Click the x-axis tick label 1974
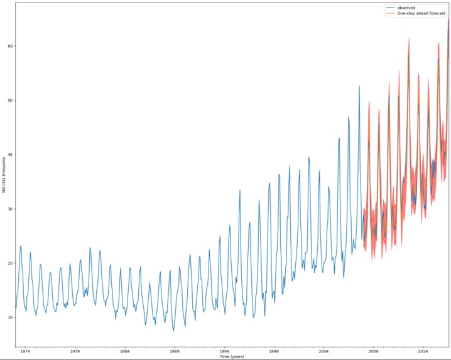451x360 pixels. pos(25,351)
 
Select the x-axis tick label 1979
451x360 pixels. pos(75,351)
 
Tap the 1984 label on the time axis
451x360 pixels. pos(124,351)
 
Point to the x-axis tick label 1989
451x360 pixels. pos(175,351)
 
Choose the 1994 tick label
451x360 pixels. pos(224,351)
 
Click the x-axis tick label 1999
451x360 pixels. pos(274,351)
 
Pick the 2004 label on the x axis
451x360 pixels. pos(323,351)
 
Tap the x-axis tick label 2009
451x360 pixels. pos(373,351)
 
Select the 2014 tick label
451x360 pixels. pos(423,351)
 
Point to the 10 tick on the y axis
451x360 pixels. pos(9,317)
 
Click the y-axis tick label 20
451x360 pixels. pos(9,263)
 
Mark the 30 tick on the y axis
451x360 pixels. pos(9,209)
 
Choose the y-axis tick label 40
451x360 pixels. pos(9,155)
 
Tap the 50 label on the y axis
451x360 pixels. pos(9,101)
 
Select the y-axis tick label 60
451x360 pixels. pos(9,46)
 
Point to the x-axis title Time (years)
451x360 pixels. pos(232,357)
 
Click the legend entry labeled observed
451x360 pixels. pos(406,8)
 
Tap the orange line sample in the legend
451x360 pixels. pos(391,13)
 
